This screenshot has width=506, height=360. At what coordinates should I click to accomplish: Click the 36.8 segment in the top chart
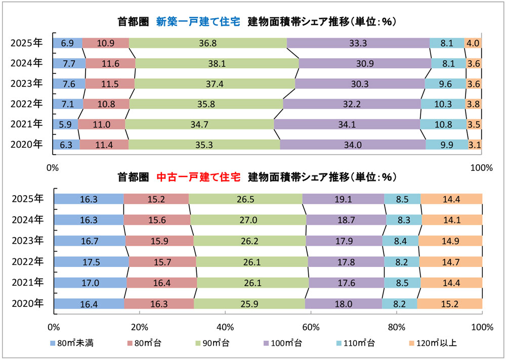click(x=207, y=43)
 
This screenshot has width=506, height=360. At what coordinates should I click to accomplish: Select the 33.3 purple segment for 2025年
click(x=358, y=43)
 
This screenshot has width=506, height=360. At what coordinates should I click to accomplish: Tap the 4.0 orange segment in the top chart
click(x=473, y=43)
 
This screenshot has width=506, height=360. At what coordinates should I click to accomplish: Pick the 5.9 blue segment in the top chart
click(x=65, y=124)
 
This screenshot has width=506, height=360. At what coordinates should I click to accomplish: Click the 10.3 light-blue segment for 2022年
click(x=442, y=104)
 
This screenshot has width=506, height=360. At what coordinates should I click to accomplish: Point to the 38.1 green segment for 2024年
click(x=217, y=63)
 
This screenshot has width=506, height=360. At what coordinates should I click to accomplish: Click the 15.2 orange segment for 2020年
click(x=449, y=303)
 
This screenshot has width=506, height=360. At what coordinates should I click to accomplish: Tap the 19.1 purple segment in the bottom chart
click(x=343, y=199)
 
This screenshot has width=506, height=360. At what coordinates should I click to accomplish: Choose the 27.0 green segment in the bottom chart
click(x=248, y=219)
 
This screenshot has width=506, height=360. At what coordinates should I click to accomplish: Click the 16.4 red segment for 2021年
click(x=161, y=282)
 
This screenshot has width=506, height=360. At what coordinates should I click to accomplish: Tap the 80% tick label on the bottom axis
click(x=397, y=326)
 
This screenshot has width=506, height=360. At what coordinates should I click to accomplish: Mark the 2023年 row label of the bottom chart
click(x=27, y=241)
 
